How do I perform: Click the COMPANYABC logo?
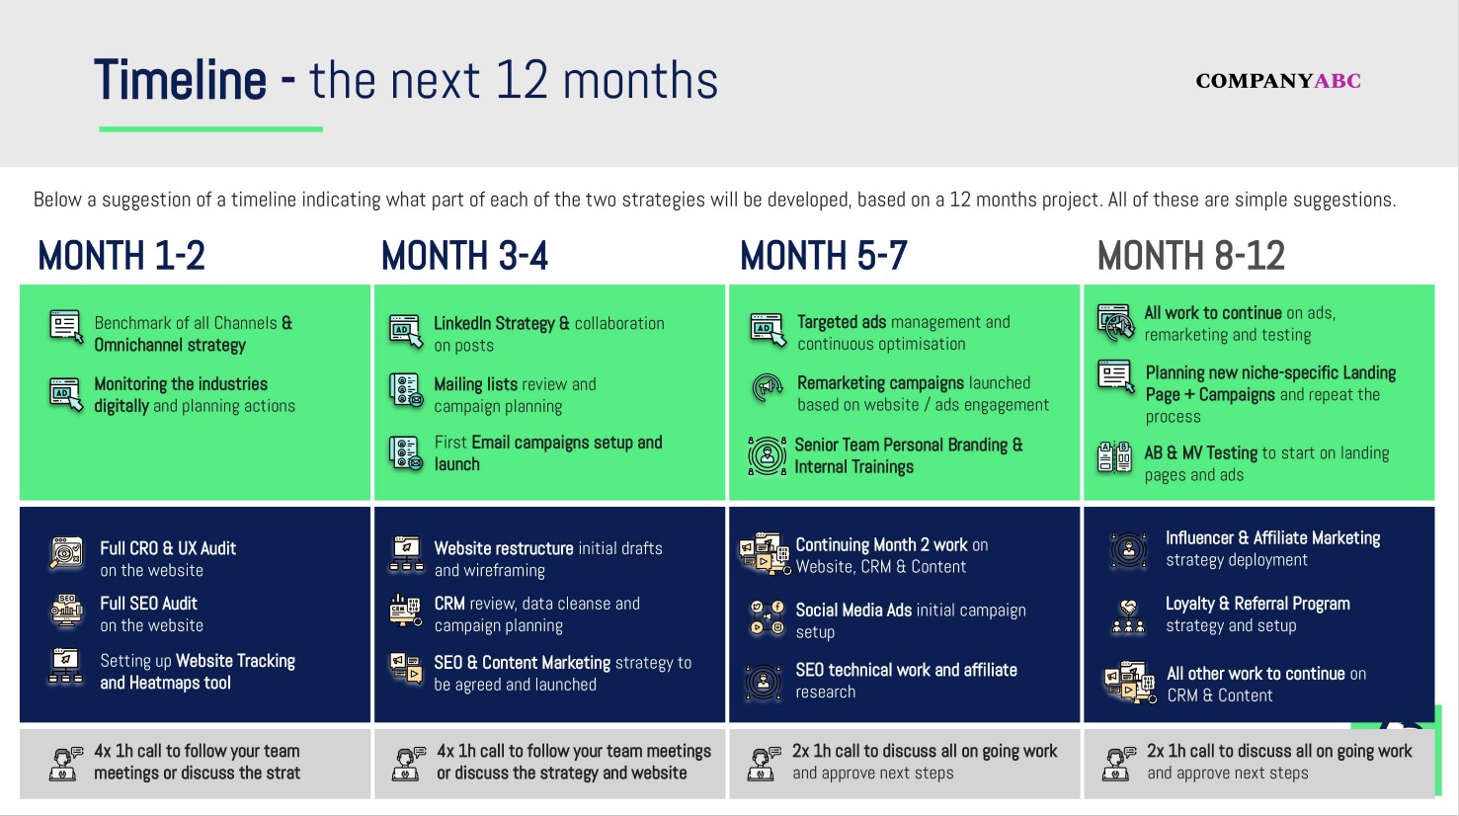pyautogui.click(x=1277, y=81)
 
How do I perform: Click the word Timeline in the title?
pyautogui.click(x=180, y=80)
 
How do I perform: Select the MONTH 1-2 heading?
pyautogui.click(x=122, y=257)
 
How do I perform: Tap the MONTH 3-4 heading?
pyautogui.click(x=464, y=257)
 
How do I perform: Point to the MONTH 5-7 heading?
pyautogui.click(x=823, y=257)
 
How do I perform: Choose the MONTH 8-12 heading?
pyautogui.click(x=1190, y=257)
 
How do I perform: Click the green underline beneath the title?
pyautogui.click(x=210, y=128)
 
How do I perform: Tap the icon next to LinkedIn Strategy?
pyautogui.click(x=406, y=332)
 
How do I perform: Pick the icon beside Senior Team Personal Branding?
pyautogui.click(x=767, y=455)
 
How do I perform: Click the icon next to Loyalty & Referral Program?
pyautogui.click(x=1128, y=614)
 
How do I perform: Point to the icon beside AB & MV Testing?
pyautogui.click(x=1115, y=457)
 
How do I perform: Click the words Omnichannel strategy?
pyautogui.click(x=170, y=345)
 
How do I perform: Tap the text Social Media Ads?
pyautogui.click(x=853, y=611)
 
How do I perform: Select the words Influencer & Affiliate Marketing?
pyautogui.click(x=1272, y=538)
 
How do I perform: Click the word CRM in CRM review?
pyautogui.click(x=449, y=604)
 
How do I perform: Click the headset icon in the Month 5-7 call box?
pyautogui.click(x=763, y=763)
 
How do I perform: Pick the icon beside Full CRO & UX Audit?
pyautogui.click(x=66, y=554)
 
